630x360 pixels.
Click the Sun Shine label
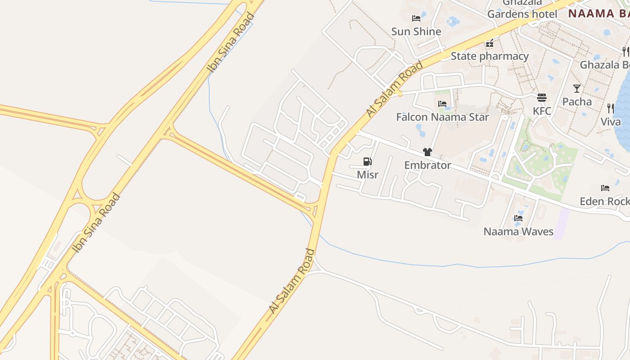(x=416, y=31)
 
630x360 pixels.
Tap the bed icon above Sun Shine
(x=416, y=18)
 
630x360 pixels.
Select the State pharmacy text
(x=490, y=56)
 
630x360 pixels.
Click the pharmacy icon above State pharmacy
(x=490, y=44)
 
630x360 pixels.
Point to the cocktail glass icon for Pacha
(x=577, y=89)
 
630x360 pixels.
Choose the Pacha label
(x=577, y=102)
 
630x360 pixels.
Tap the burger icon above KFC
(x=542, y=98)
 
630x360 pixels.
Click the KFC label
(x=542, y=111)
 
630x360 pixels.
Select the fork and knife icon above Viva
(x=611, y=108)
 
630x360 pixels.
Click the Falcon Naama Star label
(x=442, y=117)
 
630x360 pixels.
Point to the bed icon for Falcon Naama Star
(x=442, y=104)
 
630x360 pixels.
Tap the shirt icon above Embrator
(x=427, y=152)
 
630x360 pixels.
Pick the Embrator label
(x=427, y=165)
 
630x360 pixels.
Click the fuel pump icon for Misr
(x=368, y=162)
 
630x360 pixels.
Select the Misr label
(x=368, y=175)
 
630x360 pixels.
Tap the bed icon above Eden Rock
(x=605, y=188)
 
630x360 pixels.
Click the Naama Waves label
(x=518, y=232)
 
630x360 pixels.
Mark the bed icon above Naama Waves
(x=518, y=218)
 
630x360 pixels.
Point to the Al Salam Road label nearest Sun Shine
(x=395, y=89)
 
